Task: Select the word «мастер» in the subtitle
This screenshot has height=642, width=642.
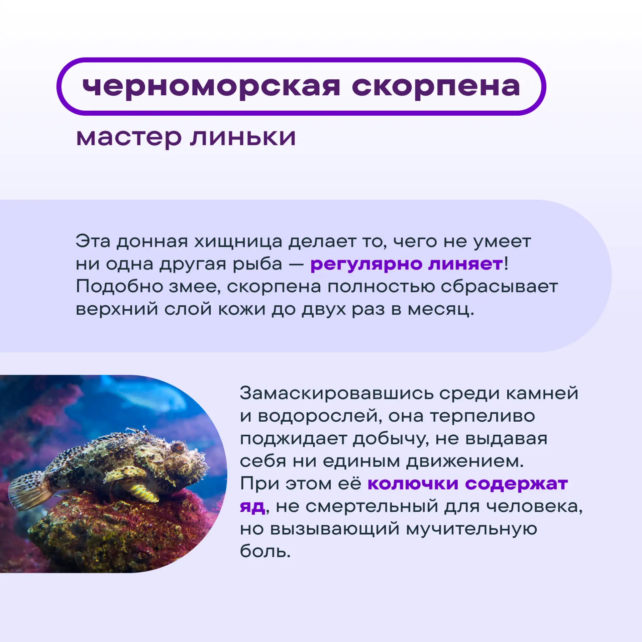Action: point(129,137)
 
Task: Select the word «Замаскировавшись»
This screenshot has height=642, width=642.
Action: point(336,393)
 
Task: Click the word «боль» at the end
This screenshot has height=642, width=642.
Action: point(263,551)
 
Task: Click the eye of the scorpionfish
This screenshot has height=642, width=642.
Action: point(178,447)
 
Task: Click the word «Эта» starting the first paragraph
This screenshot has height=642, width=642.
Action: point(93,241)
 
